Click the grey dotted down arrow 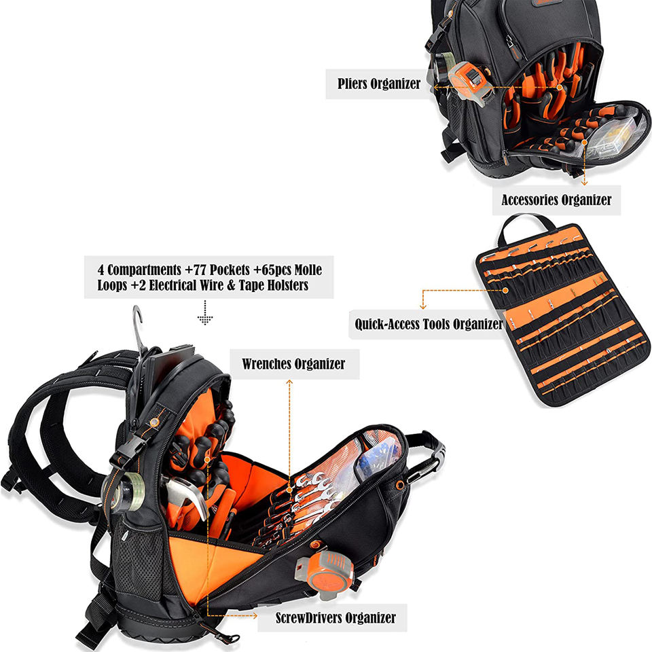(204, 316)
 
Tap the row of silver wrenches (314, 496)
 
